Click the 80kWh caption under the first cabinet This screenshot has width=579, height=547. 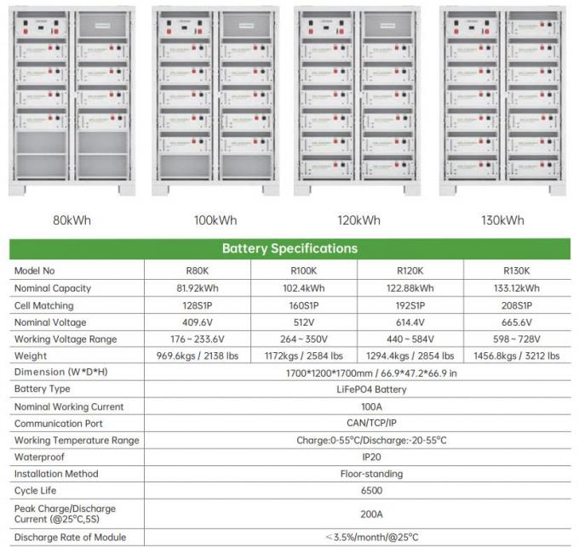click(x=72, y=220)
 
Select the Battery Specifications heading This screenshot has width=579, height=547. click(x=289, y=249)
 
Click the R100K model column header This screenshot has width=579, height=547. click(x=304, y=271)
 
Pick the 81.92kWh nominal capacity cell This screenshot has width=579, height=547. click(x=197, y=288)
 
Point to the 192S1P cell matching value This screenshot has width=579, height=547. click(x=410, y=305)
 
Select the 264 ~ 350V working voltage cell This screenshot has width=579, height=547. click(x=304, y=339)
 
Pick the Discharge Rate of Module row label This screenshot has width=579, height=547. click(x=70, y=537)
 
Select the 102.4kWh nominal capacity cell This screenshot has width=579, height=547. click(x=304, y=288)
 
